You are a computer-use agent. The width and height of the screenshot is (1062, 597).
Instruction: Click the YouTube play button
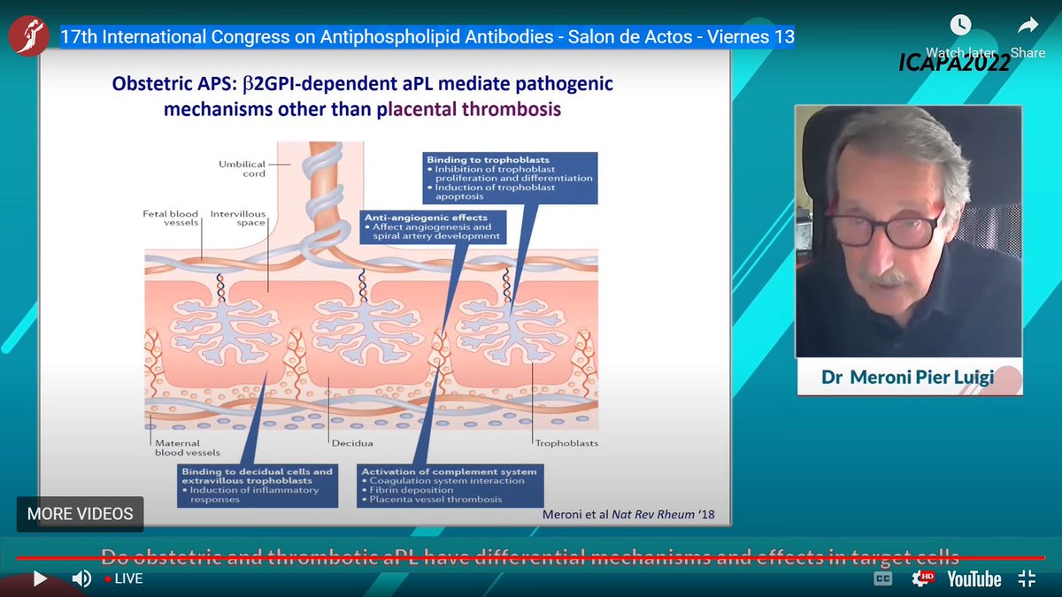click(x=40, y=579)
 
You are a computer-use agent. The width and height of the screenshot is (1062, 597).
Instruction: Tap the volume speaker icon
click(x=81, y=579)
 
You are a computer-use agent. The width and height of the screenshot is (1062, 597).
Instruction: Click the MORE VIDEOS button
click(x=80, y=514)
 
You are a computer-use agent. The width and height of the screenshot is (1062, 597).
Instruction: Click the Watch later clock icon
click(x=959, y=25)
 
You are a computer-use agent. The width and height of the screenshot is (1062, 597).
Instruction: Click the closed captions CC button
click(x=882, y=578)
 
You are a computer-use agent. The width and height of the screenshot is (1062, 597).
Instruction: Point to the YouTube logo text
click(x=973, y=579)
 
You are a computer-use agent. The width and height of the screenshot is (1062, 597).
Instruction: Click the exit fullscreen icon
click(x=1027, y=579)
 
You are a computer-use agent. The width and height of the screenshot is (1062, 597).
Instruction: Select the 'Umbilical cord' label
click(x=242, y=168)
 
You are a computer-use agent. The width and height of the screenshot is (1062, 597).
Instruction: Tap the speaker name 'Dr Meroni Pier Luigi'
click(x=909, y=377)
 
